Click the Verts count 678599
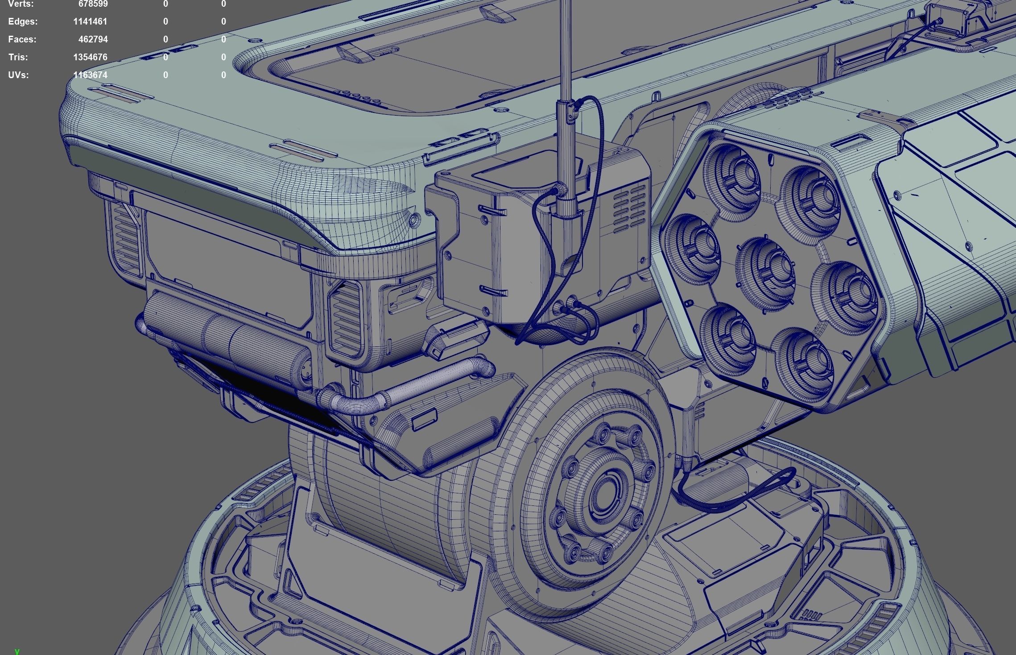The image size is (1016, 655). [x=93, y=4]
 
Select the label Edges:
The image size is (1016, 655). [x=23, y=21]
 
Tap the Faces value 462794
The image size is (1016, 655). [x=93, y=39]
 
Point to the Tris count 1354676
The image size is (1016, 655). [x=90, y=57]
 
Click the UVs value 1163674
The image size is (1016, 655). [x=90, y=75]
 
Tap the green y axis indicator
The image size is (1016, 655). [x=17, y=651]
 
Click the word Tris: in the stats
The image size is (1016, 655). [x=18, y=57]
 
